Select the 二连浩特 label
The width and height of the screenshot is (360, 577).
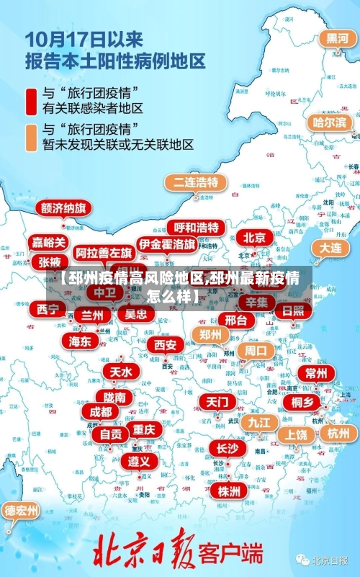(x=195, y=182)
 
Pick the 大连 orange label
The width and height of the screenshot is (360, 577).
(x=331, y=247)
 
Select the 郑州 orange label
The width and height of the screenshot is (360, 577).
(x=210, y=334)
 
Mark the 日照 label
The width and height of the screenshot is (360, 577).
(x=293, y=311)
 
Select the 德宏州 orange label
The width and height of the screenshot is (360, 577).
(x=22, y=511)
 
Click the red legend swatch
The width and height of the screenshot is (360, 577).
(x=32, y=101)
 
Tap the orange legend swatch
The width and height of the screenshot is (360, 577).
(x=32, y=137)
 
